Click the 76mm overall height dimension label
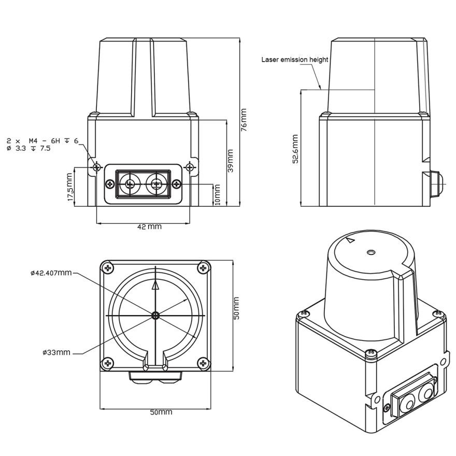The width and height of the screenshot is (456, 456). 244,120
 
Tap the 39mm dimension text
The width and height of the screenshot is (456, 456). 230,161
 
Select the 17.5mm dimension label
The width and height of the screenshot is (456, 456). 70,188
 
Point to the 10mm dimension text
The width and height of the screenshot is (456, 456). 217,194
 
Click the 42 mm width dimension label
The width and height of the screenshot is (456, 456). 149,226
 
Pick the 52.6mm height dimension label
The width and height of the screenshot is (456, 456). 295,150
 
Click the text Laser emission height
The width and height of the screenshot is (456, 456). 294,60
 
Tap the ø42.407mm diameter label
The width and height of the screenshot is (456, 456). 50,272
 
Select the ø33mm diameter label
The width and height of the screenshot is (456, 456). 56,352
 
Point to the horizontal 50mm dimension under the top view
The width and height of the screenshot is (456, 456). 161,412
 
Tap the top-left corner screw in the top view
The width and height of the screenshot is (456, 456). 108,268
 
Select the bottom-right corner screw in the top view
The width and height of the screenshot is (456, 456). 203,363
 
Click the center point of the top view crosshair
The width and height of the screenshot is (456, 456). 155,315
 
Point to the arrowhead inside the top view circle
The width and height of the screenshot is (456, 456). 155,284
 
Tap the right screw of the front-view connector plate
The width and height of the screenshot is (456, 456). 176,184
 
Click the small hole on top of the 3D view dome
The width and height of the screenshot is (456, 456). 370,252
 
